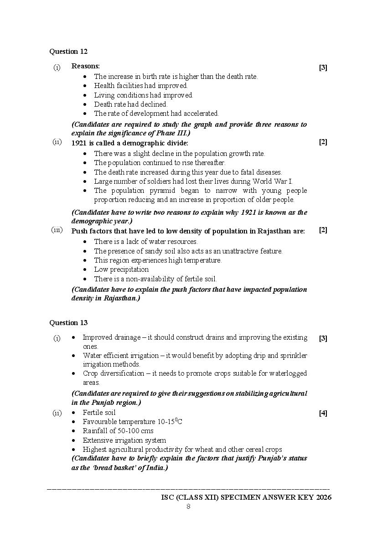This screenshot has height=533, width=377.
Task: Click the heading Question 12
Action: point(68,52)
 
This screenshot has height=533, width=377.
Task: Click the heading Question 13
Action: point(68,323)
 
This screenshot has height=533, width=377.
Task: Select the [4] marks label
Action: point(323,414)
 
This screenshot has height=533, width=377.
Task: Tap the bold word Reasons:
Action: point(86,66)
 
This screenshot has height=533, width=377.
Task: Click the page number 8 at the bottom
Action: point(188,507)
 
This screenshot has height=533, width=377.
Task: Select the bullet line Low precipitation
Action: point(121,269)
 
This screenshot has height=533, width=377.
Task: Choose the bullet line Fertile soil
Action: point(99,413)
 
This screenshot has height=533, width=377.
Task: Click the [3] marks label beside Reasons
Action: point(323,68)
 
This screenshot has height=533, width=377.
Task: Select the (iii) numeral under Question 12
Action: point(57,230)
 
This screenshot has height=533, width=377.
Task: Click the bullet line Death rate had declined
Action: point(131,104)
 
